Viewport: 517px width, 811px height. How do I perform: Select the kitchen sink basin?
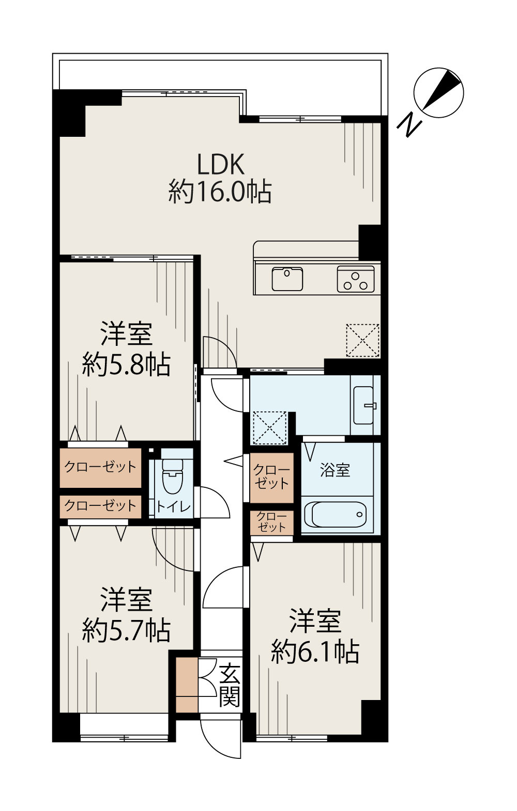point(288,279)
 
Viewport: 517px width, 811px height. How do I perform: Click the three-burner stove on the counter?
point(356,279)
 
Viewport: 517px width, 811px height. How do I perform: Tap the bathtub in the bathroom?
point(336,513)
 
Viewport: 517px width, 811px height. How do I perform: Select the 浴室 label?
point(335,470)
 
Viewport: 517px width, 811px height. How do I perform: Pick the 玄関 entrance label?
point(229,685)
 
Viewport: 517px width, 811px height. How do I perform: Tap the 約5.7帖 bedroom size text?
point(126,629)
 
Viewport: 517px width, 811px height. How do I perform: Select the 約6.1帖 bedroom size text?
point(315,651)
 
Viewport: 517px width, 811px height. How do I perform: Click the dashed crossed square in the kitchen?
point(362,340)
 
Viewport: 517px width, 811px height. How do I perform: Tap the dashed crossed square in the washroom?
point(269,428)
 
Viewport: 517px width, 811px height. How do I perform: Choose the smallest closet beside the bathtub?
point(271,522)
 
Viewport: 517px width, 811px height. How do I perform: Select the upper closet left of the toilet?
point(100,468)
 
